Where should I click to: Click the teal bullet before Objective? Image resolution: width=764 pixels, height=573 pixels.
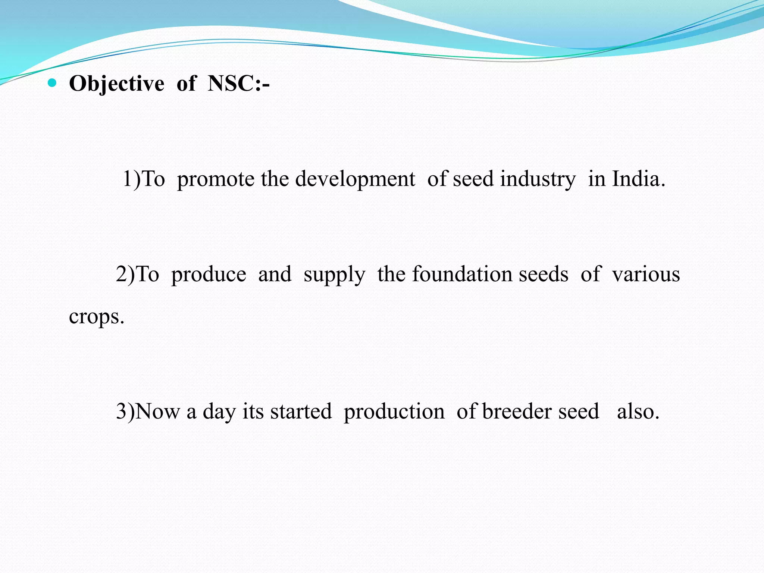pos(52,83)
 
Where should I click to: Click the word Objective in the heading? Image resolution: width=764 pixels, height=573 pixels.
pos(116,84)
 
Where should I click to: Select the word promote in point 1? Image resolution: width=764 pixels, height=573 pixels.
pos(216,179)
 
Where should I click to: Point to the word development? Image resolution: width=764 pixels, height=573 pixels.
pos(355,179)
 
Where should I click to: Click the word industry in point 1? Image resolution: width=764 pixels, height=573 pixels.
pos(538,179)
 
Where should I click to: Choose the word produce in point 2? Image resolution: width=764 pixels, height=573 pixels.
pos(209,275)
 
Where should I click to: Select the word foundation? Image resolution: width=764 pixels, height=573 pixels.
pos(462,274)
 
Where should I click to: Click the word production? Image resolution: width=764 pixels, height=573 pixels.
pos(394,412)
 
